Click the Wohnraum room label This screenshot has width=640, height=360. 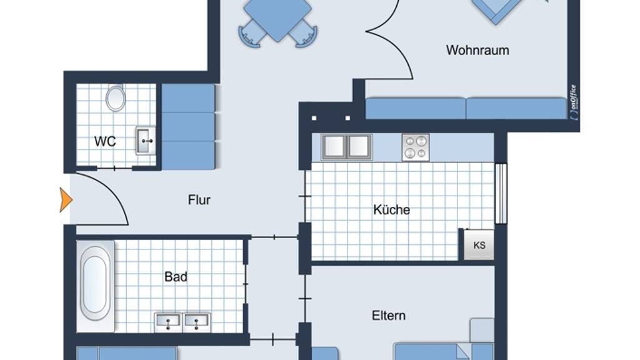(477, 50)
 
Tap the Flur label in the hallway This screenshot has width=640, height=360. (199, 199)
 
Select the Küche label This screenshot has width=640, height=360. (391, 209)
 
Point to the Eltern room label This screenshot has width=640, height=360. (389, 316)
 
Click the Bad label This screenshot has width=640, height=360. (176, 277)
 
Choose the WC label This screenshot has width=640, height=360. (105, 141)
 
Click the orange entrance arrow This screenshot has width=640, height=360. (66, 200)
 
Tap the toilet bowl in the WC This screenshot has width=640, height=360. (116, 98)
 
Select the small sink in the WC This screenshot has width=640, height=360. (146, 141)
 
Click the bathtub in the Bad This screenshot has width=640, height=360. (96, 286)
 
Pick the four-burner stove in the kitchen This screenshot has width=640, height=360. (416, 147)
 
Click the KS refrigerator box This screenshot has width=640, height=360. (479, 245)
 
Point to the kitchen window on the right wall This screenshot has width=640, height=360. (501, 194)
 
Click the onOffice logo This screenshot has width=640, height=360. (574, 102)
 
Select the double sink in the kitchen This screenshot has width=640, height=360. (346, 147)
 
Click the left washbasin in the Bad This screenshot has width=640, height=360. (168, 322)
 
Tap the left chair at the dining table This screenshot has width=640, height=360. (251, 34)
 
